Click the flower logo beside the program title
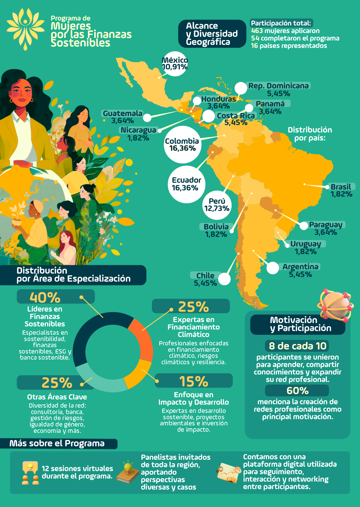click(x=25, y=28)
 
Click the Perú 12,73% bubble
click(x=217, y=205)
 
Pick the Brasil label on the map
click(x=341, y=187)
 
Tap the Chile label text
click(x=205, y=276)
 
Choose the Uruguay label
click(x=306, y=244)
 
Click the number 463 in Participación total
click(x=257, y=31)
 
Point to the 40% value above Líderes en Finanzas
click(x=45, y=297)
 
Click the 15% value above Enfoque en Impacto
click(x=193, y=381)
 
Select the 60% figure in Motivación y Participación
click(x=297, y=391)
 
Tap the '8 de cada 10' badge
click(x=297, y=346)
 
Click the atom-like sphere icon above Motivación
click(x=336, y=305)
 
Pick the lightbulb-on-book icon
click(x=128, y=472)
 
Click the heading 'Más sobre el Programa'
click(x=57, y=444)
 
